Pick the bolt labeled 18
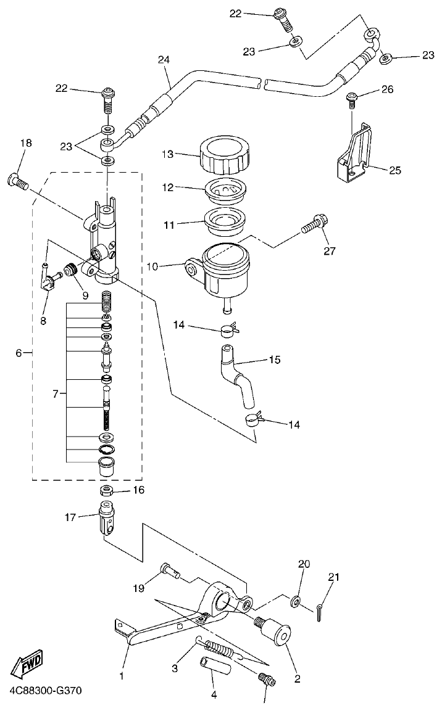pos(19,182)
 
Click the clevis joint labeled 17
pos(108,519)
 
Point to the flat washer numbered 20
pos(297,600)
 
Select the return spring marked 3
pos(221,649)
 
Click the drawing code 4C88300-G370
pos(44,689)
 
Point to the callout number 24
pos(163,60)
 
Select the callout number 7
pos(56,393)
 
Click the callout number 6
pos(19,353)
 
